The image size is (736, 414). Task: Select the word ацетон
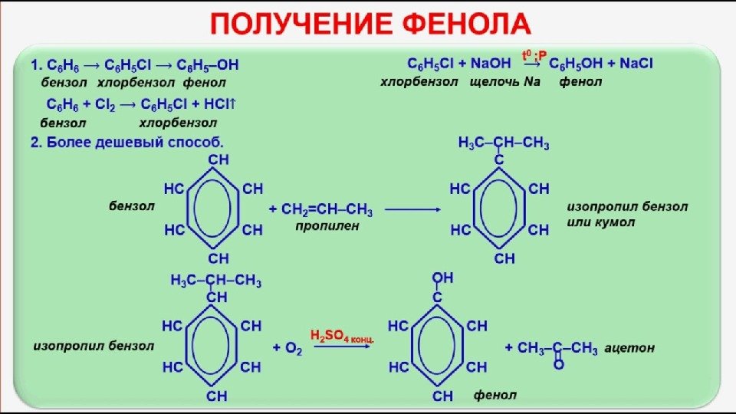tap(629, 348)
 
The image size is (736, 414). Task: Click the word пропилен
tap(327, 227)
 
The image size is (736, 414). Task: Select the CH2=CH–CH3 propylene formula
tap(327, 209)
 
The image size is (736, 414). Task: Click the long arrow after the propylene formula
tap(415, 209)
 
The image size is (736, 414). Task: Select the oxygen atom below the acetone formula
tap(558, 365)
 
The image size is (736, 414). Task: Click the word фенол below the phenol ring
tap(495, 396)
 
